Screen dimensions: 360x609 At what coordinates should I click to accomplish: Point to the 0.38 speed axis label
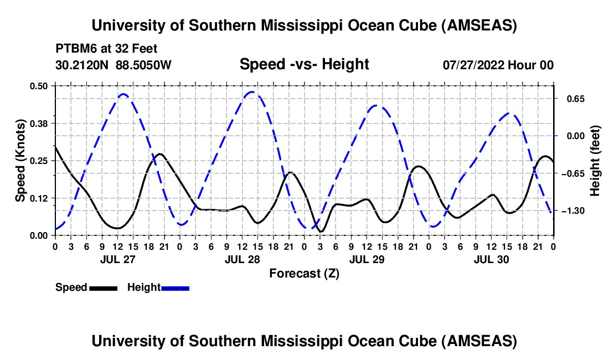pyautogui.click(x=40, y=123)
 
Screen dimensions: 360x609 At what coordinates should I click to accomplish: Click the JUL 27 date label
pyautogui.click(x=117, y=259)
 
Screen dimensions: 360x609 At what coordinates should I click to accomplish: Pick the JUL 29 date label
pyautogui.click(x=367, y=259)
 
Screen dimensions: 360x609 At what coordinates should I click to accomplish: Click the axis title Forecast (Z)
pyautogui.click(x=304, y=273)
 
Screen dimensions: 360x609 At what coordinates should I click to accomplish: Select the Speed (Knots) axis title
pyautogui.click(x=20, y=161)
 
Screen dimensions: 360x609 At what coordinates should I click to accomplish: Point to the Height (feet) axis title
pyautogui.click(x=596, y=161)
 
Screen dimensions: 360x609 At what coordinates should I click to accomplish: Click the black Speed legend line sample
pyautogui.click(x=102, y=288)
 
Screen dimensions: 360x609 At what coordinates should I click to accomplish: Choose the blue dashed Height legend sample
pyautogui.click(x=175, y=288)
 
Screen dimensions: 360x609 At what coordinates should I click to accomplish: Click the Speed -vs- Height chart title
pyautogui.click(x=304, y=64)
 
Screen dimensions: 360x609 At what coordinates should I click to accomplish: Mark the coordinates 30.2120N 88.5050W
pyautogui.click(x=113, y=65)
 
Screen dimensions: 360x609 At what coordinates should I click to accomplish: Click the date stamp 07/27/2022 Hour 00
pyautogui.click(x=498, y=65)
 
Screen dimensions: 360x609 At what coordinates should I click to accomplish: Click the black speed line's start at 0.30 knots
pyautogui.click(x=55, y=146)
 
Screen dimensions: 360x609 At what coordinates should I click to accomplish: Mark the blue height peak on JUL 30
pyautogui.click(x=512, y=114)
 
